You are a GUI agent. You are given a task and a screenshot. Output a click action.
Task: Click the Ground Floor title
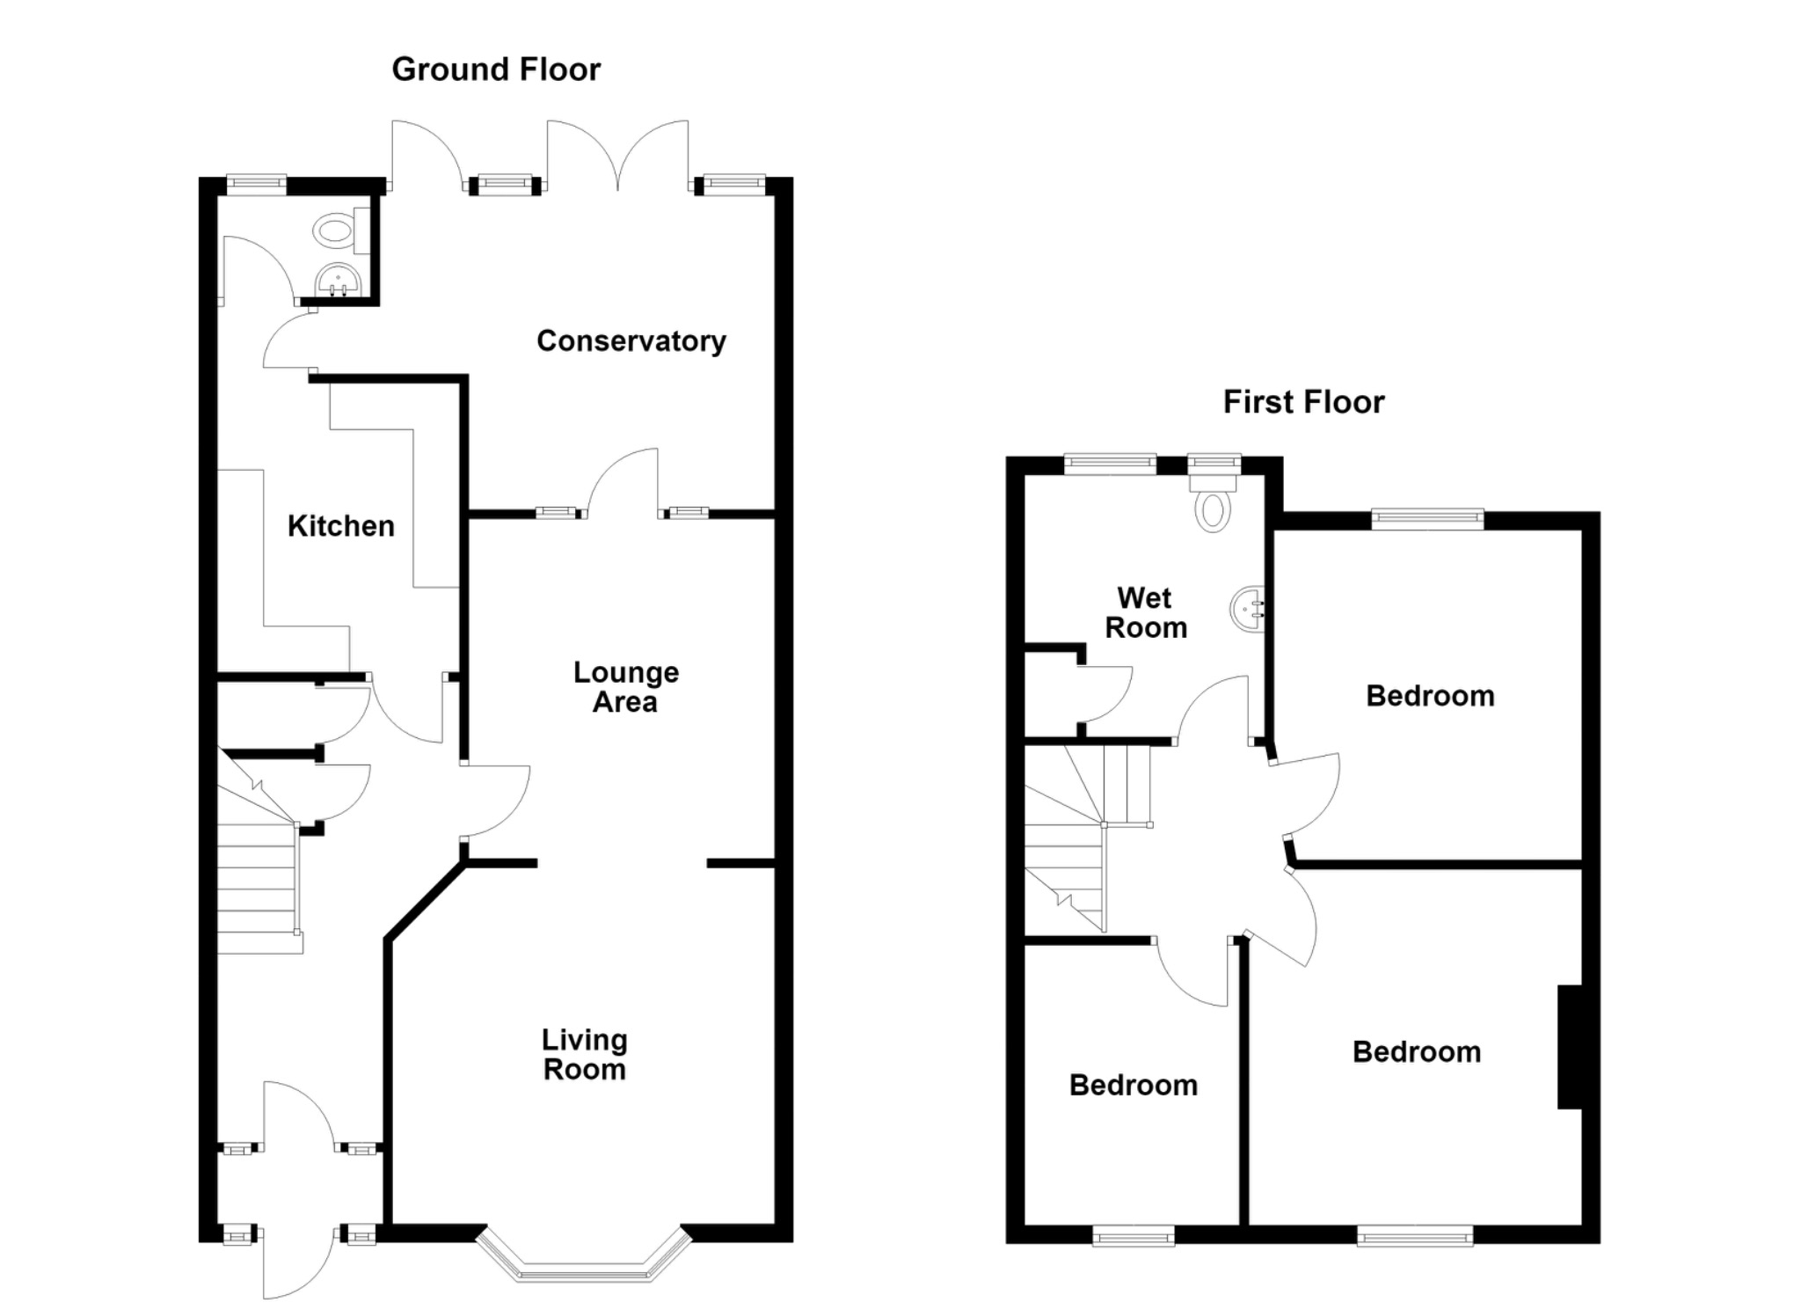(x=496, y=70)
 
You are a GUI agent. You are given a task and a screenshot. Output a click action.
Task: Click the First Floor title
(x=1303, y=402)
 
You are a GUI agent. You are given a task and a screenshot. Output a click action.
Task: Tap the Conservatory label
(x=631, y=341)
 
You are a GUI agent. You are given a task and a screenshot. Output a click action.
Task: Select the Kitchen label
(x=341, y=526)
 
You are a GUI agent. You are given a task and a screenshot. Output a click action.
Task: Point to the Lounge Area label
(x=626, y=687)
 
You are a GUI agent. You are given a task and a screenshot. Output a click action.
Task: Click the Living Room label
(x=585, y=1055)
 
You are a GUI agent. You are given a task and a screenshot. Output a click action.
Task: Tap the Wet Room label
(x=1146, y=613)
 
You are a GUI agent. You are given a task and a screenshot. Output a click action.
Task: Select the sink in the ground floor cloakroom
(x=338, y=281)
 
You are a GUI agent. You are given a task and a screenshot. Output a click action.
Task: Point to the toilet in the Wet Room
(x=1214, y=501)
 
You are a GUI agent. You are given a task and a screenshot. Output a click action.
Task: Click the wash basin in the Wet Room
(x=1247, y=607)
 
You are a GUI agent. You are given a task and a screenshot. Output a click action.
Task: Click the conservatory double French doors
(x=617, y=156)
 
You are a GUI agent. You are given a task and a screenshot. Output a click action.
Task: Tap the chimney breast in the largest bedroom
(x=1570, y=1047)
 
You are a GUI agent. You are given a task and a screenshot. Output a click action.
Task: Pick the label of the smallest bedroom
(x=1134, y=1086)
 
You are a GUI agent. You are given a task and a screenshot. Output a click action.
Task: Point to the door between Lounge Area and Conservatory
(x=623, y=482)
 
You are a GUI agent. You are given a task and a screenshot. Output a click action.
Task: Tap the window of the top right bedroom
(x=1427, y=519)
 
